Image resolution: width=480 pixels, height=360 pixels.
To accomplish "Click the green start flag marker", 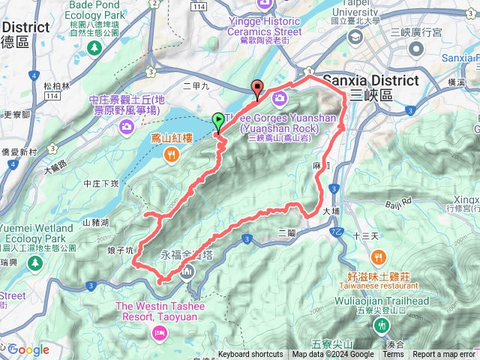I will pos(217,119).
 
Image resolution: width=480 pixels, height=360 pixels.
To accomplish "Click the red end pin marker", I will pos(257,87).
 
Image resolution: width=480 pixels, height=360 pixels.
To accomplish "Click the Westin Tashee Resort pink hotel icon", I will pos(158,331).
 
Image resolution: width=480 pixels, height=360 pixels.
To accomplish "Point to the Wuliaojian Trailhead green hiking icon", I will pos(383,325).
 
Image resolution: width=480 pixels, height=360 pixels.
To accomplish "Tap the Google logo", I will pos(29,349).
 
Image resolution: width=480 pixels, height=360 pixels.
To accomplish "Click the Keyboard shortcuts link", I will pos(250,355).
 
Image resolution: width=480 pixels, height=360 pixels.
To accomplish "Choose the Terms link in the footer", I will pos(393,355).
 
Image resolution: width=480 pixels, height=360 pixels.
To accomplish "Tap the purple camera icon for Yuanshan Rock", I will pos(280,97).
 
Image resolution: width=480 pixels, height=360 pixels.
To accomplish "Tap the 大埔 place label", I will pos(332,212).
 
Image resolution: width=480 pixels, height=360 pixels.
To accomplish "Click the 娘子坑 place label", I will pos(121,249).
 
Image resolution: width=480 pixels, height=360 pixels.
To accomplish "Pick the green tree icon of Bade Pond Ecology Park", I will pos(94,47).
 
